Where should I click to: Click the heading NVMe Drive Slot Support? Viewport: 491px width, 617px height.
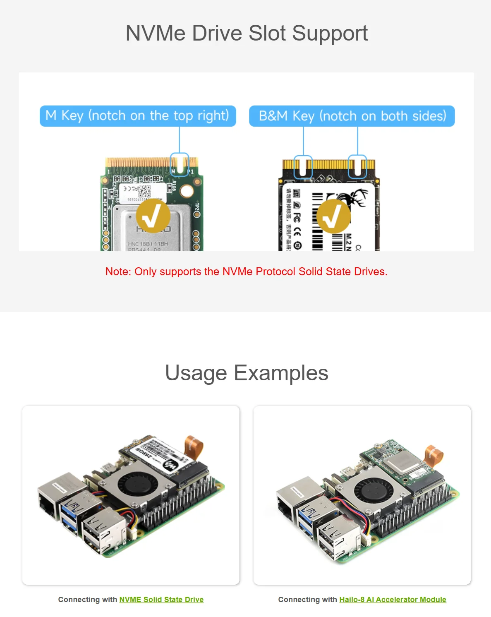pos(247,33)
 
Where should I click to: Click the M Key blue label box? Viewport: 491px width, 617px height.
pos(138,116)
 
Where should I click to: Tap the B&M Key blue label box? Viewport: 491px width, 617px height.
pos(352,116)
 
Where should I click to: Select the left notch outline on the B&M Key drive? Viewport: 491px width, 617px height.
pos(303,166)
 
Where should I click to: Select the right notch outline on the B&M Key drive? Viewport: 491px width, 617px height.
pos(357,166)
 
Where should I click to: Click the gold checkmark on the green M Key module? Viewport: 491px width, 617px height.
pos(153,216)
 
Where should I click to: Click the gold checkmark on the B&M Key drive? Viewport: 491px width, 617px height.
pos(333,216)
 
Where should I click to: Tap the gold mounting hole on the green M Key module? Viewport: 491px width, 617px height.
pos(187,191)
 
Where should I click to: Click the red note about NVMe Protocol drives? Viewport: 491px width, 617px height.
pos(247,271)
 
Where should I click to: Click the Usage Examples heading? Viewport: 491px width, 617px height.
pos(247,373)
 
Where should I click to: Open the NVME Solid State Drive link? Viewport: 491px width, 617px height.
pos(161,599)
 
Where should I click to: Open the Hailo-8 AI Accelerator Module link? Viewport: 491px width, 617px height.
pos(393,599)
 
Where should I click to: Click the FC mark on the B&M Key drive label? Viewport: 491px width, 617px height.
pos(297,218)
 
